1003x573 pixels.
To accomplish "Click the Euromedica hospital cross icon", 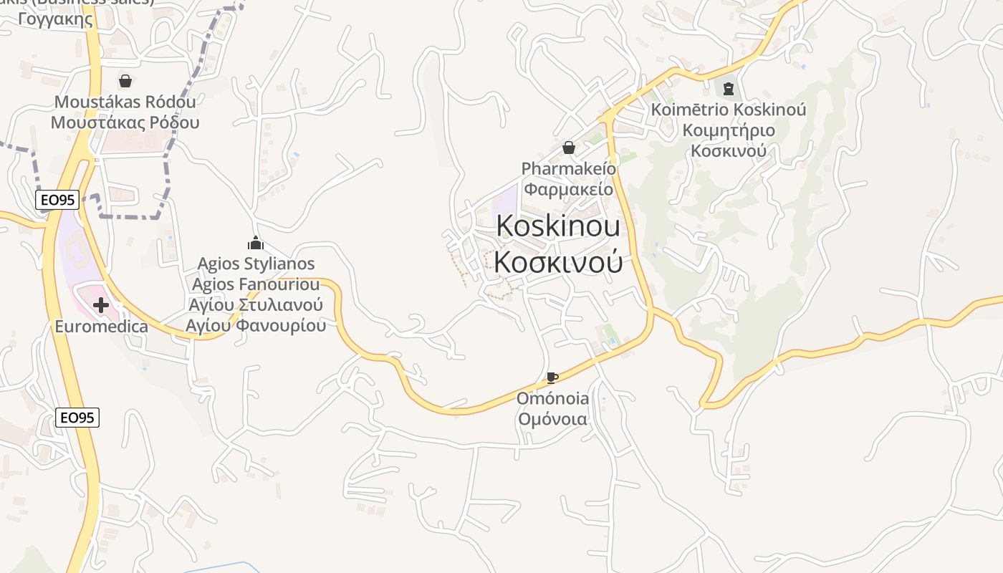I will [x=101, y=305].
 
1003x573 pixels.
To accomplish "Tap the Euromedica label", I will [x=102, y=327].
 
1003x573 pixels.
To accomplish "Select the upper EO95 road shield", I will [x=57, y=200].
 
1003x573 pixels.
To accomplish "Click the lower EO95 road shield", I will [x=77, y=417].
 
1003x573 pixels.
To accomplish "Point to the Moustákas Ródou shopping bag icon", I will [x=125, y=81].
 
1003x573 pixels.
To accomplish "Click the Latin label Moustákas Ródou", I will [x=125, y=102].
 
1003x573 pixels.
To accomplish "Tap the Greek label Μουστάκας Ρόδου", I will [x=125, y=122].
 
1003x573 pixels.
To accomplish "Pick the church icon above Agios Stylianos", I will [x=256, y=243].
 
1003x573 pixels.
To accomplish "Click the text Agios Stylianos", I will [x=256, y=264].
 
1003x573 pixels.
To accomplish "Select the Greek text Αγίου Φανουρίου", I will [x=256, y=325].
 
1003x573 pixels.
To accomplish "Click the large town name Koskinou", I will [x=558, y=226].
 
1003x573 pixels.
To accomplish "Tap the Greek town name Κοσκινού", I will [x=558, y=262].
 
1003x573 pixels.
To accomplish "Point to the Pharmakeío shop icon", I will [x=569, y=148].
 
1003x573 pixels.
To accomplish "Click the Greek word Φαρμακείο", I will [x=569, y=189].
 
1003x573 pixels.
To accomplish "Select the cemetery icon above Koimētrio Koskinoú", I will [x=729, y=89].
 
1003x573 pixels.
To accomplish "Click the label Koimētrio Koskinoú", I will [x=729, y=110].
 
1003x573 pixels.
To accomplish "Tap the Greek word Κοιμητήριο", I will [x=729, y=130].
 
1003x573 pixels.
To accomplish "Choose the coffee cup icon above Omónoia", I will [x=552, y=377].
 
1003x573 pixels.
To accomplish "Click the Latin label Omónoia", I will [x=553, y=398].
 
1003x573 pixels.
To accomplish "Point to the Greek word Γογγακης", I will [x=55, y=19].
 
